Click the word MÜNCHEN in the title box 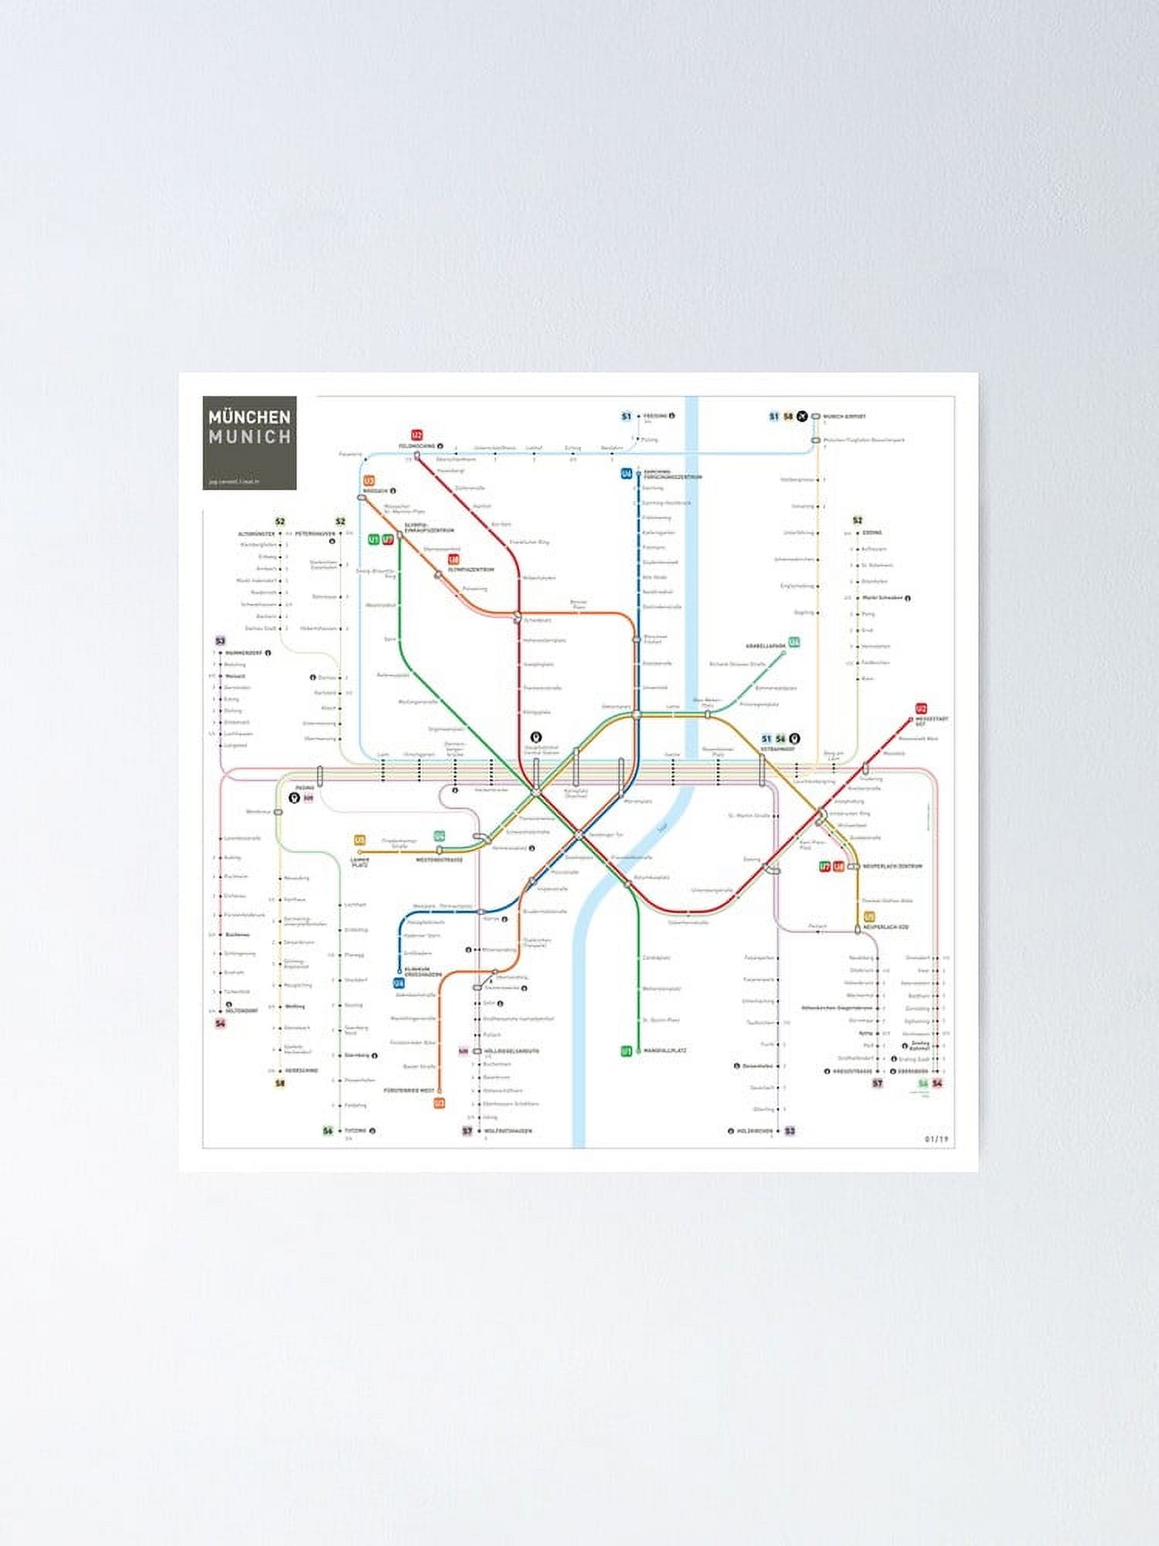[x=249, y=417]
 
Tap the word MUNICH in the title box [x=249, y=437]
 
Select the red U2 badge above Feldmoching [x=417, y=434]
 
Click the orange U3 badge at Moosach [x=369, y=481]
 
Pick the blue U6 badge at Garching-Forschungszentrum [x=627, y=474]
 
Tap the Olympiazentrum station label [x=471, y=570]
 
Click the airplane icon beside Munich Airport [x=803, y=416]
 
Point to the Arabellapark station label [x=765, y=645]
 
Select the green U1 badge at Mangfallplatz [x=627, y=1051]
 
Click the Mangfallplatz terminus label [x=664, y=1051]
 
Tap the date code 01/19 [x=936, y=1139]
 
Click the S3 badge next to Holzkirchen [x=790, y=1131]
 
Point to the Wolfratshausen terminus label [x=508, y=1131]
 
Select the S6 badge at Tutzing [x=328, y=1131]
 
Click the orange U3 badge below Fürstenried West [x=439, y=1103]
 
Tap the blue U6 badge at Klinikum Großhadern [x=399, y=984]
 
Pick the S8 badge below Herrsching [x=280, y=1083]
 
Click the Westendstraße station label [x=439, y=860]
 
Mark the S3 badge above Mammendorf [x=220, y=641]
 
